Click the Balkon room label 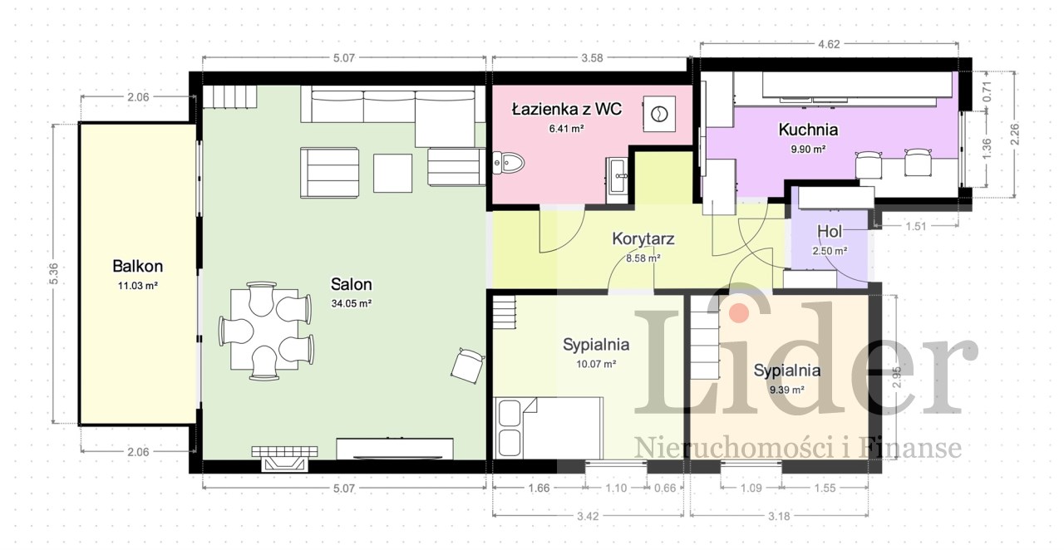(138, 266)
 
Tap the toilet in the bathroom (508, 163)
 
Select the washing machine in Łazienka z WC (659, 114)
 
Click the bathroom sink (617, 176)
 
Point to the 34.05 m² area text (352, 303)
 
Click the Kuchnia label (808, 130)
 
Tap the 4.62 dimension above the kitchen (829, 44)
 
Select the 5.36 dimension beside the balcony (54, 273)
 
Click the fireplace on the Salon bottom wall (284, 459)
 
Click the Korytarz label (643, 238)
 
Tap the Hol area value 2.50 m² (830, 251)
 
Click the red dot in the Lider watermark (739, 312)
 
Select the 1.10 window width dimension (616, 488)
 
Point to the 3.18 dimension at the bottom (779, 516)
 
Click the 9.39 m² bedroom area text (787, 390)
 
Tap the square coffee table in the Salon (392, 173)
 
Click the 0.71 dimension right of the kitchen (987, 91)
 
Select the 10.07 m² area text (596, 364)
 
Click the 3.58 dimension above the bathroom (592, 58)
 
